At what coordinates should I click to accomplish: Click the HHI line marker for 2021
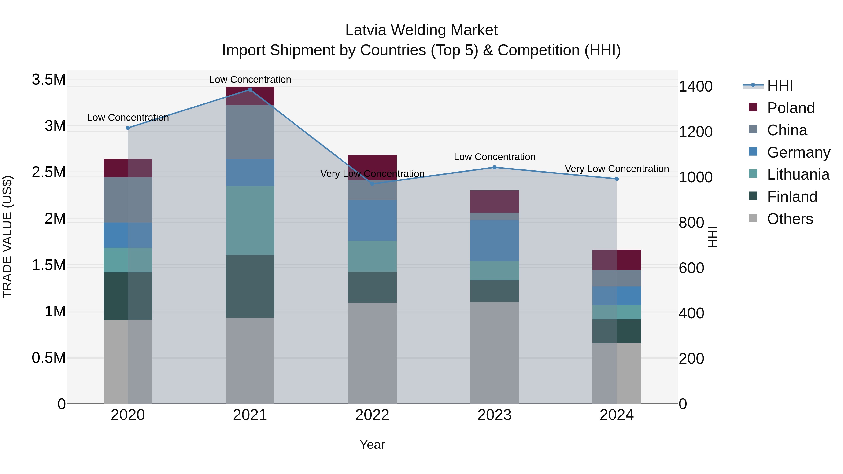pos(250,89)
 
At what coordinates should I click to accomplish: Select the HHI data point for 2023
pos(495,168)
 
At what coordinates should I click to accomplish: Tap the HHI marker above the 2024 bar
pos(617,179)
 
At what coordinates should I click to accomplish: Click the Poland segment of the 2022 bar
pos(372,167)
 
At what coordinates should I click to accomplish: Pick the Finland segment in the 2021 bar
pos(250,286)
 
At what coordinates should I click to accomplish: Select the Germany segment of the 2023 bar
pos(495,240)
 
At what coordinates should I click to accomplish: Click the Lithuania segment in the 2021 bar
pos(250,220)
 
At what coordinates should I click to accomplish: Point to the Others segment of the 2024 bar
pos(617,373)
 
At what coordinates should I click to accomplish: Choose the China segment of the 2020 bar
pos(128,200)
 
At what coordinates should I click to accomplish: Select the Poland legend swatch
pos(753,107)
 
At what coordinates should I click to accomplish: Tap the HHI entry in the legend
pos(780,86)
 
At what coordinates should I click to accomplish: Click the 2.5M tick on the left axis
pos(48,172)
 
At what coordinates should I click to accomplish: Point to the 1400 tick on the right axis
pos(695,87)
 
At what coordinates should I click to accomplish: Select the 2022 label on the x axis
pos(372,415)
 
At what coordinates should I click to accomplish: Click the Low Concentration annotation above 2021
pos(250,80)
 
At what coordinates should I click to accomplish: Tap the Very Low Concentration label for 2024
pos(617,169)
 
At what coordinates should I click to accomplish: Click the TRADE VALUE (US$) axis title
pos(7,237)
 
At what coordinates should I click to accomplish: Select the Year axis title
pos(372,445)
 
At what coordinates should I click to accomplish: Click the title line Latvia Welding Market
pos(421,30)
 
